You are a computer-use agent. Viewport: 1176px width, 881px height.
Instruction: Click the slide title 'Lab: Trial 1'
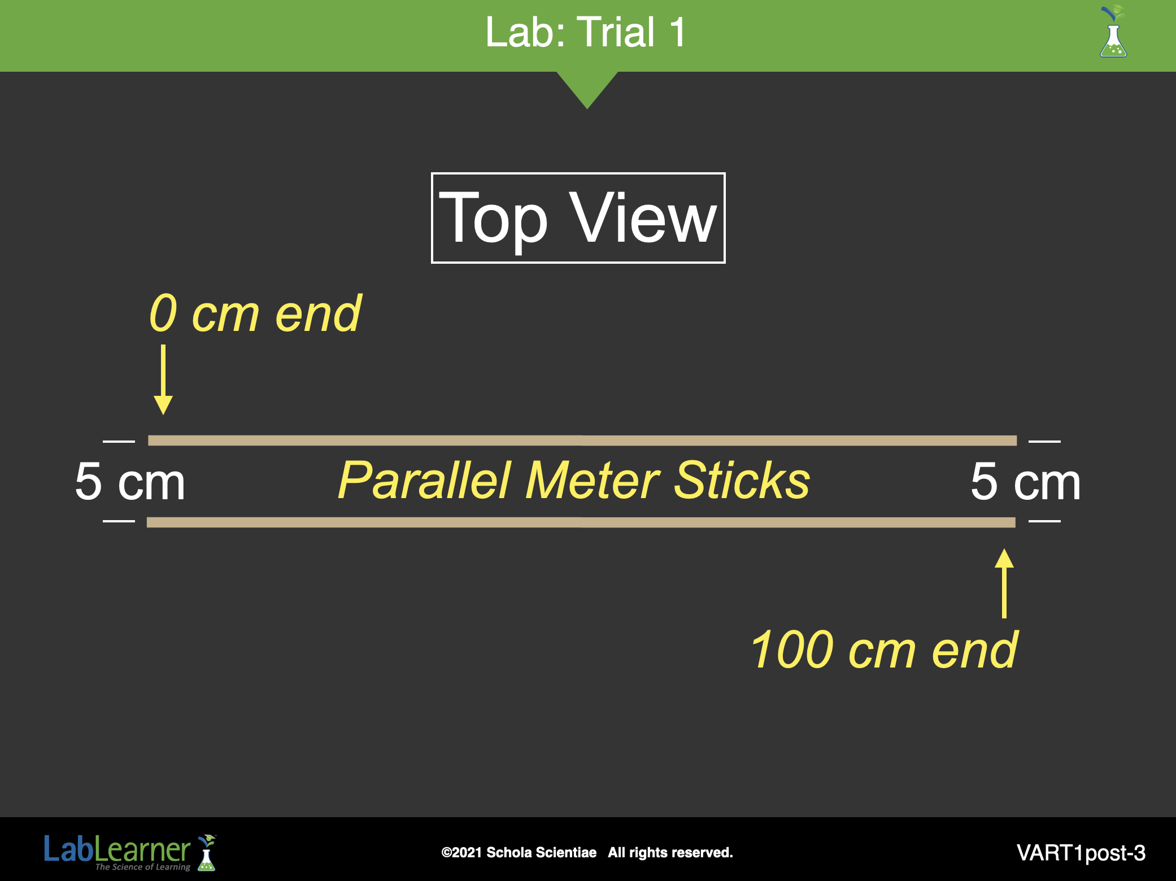pyautogui.click(x=586, y=32)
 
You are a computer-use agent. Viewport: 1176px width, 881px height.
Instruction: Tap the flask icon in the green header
pyautogui.click(x=1113, y=32)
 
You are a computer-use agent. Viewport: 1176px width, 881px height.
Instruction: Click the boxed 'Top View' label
pyautogui.click(x=578, y=218)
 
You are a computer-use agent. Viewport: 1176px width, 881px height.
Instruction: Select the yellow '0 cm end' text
pyautogui.click(x=255, y=313)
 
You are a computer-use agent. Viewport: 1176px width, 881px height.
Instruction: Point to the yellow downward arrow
pyautogui.click(x=163, y=380)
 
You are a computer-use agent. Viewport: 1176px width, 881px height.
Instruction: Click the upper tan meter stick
pyautogui.click(x=582, y=440)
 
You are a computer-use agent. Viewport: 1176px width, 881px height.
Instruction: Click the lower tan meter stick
pyautogui.click(x=581, y=522)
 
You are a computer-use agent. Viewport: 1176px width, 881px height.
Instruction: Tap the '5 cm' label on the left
pyautogui.click(x=130, y=482)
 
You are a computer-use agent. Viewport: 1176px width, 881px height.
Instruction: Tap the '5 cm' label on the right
pyautogui.click(x=1026, y=482)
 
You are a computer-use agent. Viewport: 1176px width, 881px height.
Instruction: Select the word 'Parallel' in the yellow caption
pyautogui.click(x=425, y=481)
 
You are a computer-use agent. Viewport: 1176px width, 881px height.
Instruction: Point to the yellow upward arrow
pyautogui.click(x=1004, y=583)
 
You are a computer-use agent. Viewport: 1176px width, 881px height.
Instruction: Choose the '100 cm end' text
pyautogui.click(x=885, y=650)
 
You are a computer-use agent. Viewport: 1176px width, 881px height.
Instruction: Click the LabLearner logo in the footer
pyautogui.click(x=130, y=852)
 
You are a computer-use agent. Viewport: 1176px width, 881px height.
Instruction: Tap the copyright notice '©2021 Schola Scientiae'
pyautogui.click(x=519, y=852)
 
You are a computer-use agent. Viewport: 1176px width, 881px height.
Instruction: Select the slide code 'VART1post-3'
pyautogui.click(x=1081, y=853)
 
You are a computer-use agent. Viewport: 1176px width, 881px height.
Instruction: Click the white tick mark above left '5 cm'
pyautogui.click(x=119, y=441)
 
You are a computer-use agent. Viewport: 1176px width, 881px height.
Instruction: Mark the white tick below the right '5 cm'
pyautogui.click(x=1044, y=521)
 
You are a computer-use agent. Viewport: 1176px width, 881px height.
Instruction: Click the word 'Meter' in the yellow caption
pyautogui.click(x=593, y=481)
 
